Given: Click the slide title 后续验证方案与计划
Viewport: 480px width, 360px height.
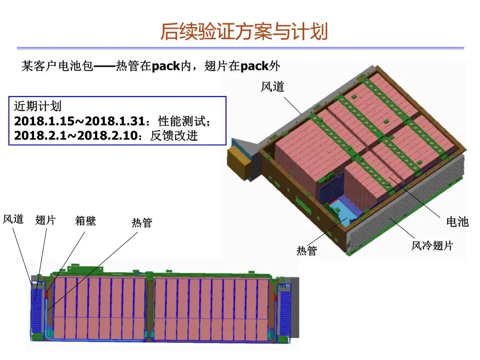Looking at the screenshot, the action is [x=244, y=32].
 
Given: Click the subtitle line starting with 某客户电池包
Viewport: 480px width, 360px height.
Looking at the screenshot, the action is [x=151, y=67].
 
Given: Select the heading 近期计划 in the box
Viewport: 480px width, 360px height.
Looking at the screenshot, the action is [x=38, y=107].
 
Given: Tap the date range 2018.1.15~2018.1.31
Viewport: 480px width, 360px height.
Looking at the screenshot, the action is [x=80, y=121].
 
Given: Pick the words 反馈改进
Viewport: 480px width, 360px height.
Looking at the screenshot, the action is [x=174, y=136].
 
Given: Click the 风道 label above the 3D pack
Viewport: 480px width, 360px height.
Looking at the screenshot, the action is [x=272, y=86].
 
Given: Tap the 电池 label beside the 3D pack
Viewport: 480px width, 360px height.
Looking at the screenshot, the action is [x=457, y=221].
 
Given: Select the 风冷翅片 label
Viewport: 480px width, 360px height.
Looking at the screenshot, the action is [x=432, y=245].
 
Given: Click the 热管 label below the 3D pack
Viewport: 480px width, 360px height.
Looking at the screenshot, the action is [x=307, y=251].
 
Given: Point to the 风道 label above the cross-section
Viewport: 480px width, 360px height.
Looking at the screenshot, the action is [x=13, y=219].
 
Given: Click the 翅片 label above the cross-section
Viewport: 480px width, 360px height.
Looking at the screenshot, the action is [x=45, y=220].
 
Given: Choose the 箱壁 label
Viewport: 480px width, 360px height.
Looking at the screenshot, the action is [x=85, y=220].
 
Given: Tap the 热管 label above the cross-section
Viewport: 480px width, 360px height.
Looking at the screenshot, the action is [x=142, y=222].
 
